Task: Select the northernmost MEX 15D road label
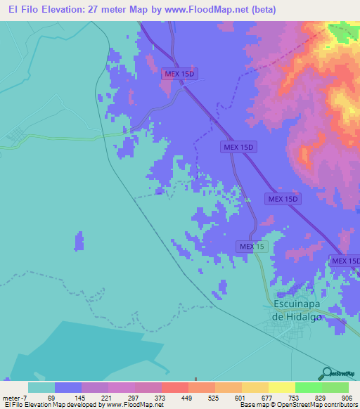point(179,73)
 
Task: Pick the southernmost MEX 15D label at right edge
point(345,261)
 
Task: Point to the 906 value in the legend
point(347,398)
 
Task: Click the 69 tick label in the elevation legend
point(54,398)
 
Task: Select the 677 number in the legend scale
point(267,398)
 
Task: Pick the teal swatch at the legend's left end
point(41,387)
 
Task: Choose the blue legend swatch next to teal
point(68,387)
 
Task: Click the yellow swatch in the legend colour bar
point(281,387)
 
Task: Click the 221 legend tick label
point(108,398)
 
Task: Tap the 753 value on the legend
point(294,398)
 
